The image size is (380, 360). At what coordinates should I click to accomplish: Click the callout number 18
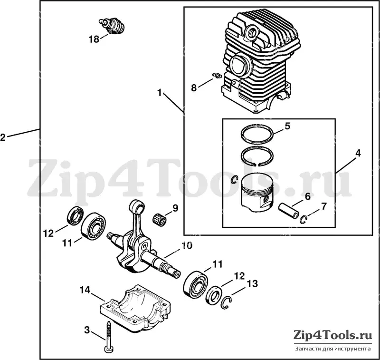[x=94, y=39]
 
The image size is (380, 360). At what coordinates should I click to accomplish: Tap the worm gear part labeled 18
[x=113, y=25]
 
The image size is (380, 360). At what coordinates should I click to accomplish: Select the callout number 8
[x=194, y=88]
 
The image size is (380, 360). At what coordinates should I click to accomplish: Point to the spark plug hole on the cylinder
[x=251, y=32]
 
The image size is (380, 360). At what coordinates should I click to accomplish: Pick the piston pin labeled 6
[x=288, y=211]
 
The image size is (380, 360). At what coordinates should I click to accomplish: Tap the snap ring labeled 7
[x=303, y=220]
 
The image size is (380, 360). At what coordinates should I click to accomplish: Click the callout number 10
[x=187, y=245]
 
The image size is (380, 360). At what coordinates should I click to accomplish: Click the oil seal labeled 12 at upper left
[x=75, y=215]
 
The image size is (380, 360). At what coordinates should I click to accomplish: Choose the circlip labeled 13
[x=227, y=303]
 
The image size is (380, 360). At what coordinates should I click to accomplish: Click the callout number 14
[x=85, y=290]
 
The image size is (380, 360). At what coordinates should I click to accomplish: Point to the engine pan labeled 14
[x=135, y=309]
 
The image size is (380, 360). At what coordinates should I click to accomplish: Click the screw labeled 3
[x=108, y=337]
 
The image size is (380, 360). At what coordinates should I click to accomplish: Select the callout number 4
[x=358, y=153]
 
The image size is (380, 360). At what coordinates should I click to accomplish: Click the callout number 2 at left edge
[x=3, y=137]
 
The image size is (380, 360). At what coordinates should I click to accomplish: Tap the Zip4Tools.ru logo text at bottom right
[x=332, y=335]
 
